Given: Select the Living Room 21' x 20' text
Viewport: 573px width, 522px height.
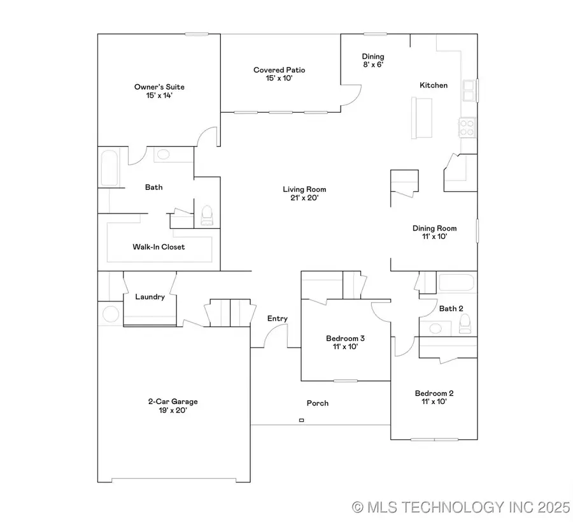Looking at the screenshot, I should tap(304, 193).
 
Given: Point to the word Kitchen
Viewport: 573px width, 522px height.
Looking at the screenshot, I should tap(433, 85).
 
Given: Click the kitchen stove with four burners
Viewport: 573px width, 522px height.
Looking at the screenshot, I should tap(467, 127).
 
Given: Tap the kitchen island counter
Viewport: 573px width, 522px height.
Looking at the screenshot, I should tap(421, 117).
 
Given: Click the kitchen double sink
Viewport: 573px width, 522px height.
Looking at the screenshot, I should tap(469, 91).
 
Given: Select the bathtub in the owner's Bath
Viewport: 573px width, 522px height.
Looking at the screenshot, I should tap(109, 168).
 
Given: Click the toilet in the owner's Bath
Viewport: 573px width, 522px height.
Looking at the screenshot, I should tap(207, 215).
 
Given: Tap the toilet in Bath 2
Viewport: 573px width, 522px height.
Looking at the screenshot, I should tap(465, 326).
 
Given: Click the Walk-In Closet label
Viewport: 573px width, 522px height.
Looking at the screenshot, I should tap(159, 247).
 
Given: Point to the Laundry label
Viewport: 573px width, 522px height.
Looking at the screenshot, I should tap(150, 297).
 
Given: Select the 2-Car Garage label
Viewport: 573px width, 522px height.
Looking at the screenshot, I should tap(173, 406).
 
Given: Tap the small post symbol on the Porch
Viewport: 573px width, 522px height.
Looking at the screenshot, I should tap(301, 420).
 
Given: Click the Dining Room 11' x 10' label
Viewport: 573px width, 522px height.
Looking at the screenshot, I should tap(434, 232).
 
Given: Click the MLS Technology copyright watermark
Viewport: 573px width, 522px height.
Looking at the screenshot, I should tap(461, 507).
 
